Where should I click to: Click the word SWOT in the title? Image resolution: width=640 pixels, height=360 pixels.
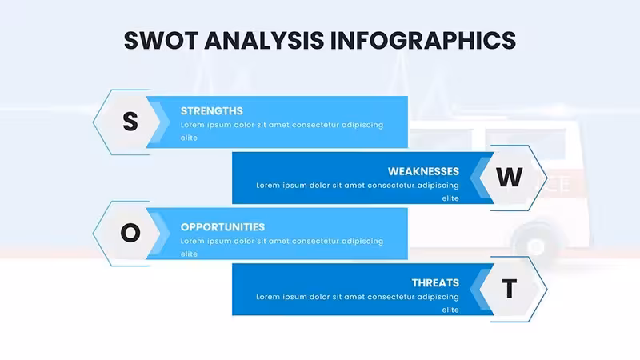click(x=161, y=41)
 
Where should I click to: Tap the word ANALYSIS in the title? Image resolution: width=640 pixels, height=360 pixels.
click(x=264, y=41)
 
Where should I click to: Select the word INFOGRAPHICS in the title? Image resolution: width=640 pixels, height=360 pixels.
click(x=423, y=41)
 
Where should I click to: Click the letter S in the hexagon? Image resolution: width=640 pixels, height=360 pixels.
click(x=130, y=122)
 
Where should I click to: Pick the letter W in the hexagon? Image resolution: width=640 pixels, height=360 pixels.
click(x=509, y=177)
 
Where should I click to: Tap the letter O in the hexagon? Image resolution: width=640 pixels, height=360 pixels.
click(x=130, y=233)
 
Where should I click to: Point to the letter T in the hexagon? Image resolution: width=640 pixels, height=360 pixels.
click(x=510, y=289)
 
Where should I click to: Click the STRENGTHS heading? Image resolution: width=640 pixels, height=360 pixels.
click(x=211, y=111)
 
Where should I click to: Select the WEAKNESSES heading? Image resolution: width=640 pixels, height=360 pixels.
click(x=423, y=171)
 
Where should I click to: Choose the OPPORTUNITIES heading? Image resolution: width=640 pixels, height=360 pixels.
click(x=222, y=227)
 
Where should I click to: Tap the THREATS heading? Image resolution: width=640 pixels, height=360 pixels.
click(x=435, y=283)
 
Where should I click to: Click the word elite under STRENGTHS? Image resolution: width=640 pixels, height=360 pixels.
click(x=189, y=138)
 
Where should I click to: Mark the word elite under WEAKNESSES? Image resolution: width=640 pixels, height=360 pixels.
click(x=450, y=198)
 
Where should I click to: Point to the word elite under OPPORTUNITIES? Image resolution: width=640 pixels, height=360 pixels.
click(x=189, y=254)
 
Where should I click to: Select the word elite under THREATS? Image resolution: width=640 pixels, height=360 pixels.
click(x=450, y=310)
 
